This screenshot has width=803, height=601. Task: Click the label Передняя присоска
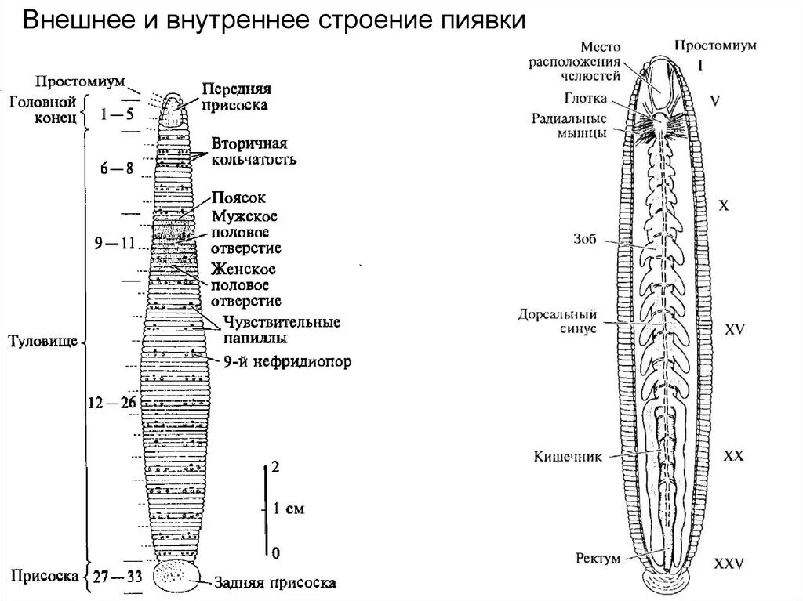coord(235,96)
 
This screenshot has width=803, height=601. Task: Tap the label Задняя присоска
coord(275,583)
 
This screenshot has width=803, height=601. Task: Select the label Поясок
coord(233,199)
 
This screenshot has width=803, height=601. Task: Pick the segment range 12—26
coord(112,403)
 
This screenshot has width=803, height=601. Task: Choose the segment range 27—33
coord(116,577)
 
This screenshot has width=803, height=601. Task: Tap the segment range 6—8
coord(118,168)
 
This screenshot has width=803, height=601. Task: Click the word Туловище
coord(44,341)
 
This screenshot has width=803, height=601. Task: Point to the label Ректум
coord(597,559)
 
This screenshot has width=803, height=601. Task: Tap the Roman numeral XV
coord(734,330)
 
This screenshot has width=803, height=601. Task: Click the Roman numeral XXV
coord(729,563)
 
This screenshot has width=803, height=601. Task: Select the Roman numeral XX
coord(733,455)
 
